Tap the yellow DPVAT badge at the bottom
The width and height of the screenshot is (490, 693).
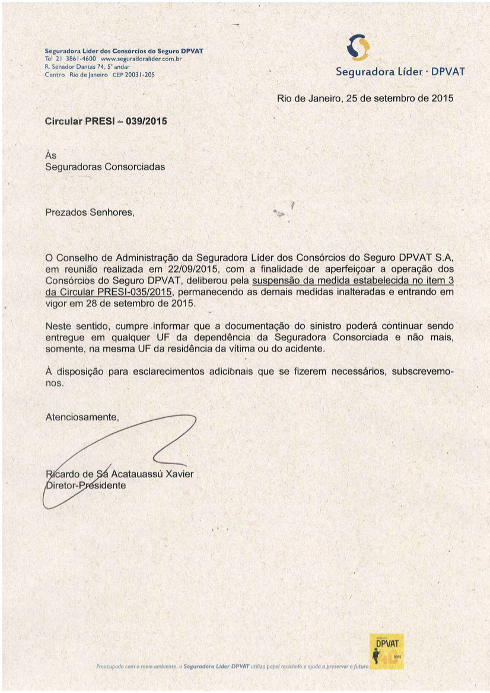386,650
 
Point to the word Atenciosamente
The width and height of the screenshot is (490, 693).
82,417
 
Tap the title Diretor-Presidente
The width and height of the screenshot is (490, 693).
86,486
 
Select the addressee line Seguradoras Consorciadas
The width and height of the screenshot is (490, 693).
105,167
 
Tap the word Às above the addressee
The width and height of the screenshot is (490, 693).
51,155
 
